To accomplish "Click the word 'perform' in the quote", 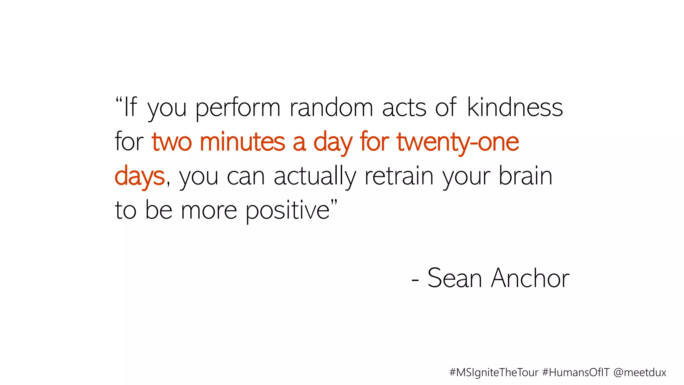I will coord(237,108).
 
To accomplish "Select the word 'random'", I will coord(331,108).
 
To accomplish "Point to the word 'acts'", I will coord(404,108).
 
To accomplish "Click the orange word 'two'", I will coord(172,142).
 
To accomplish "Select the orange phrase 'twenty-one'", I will coord(458,142).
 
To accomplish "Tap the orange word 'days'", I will coord(140,176).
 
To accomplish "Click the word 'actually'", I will coord(315,176).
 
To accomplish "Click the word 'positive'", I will coord(288,211).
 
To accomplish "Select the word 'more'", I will coord(209,211).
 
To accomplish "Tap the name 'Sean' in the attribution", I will coord(455,278).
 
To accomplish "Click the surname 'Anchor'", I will coord(530,278).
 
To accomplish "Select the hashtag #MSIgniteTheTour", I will coord(494,372).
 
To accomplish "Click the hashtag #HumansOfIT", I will coord(576,372).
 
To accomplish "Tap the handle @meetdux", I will coord(640,372).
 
